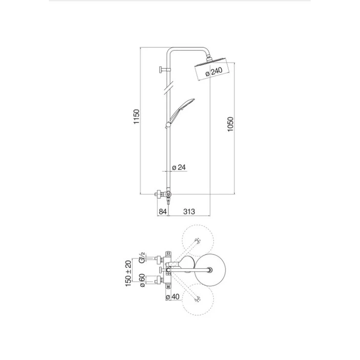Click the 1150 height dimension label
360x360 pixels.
point(136,117)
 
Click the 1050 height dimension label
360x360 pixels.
point(230,124)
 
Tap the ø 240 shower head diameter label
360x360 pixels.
point(214,71)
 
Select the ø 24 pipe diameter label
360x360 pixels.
point(179,167)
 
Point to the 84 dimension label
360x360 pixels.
point(163,211)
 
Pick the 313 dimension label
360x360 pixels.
point(189,211)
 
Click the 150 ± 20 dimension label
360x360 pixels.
point(128,273)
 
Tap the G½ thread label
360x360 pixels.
point(142,257)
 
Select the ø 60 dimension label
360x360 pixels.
point(142,280)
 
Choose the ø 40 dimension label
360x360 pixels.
point(172,296)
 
